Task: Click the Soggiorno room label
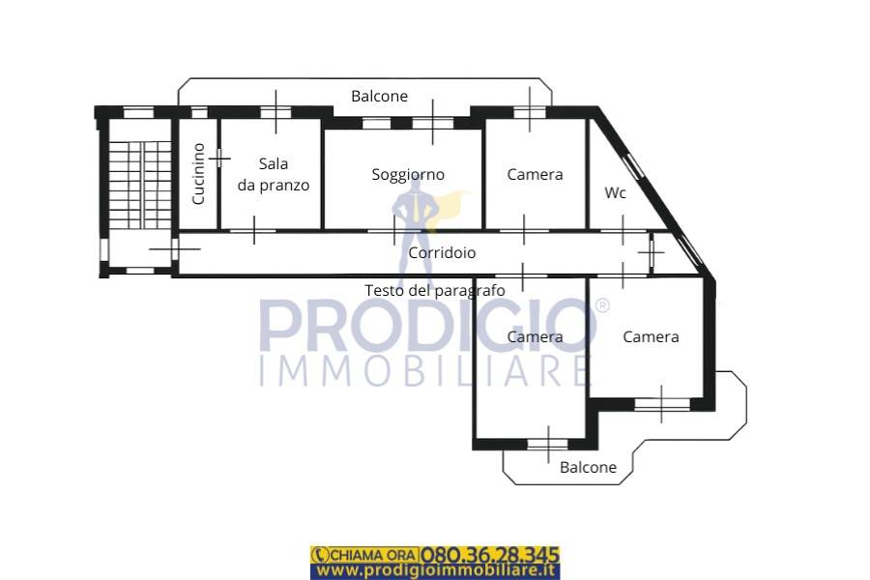coord(408,175)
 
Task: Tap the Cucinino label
coord(198,174)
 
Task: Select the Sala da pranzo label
coord(274,174)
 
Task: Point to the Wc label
coord(616,192)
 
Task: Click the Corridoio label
coord(442,252)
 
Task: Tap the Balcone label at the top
coord(380,96)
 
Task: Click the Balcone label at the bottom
coord(588,467)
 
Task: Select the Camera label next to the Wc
coord(535,174)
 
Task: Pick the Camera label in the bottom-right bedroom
coord(651,337)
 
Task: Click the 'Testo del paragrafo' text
coord(435,290)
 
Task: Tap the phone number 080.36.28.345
coord(489,555)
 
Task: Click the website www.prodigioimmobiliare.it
coord(436,570)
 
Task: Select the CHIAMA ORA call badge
coord(365,555)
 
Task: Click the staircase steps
coord(140,185)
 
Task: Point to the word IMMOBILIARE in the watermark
coord(424,371)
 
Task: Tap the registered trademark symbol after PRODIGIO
coord(602,305)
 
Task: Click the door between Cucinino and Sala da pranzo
coord(219,159)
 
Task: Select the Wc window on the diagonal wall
coord(633,166)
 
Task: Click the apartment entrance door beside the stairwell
coord(174,248)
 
